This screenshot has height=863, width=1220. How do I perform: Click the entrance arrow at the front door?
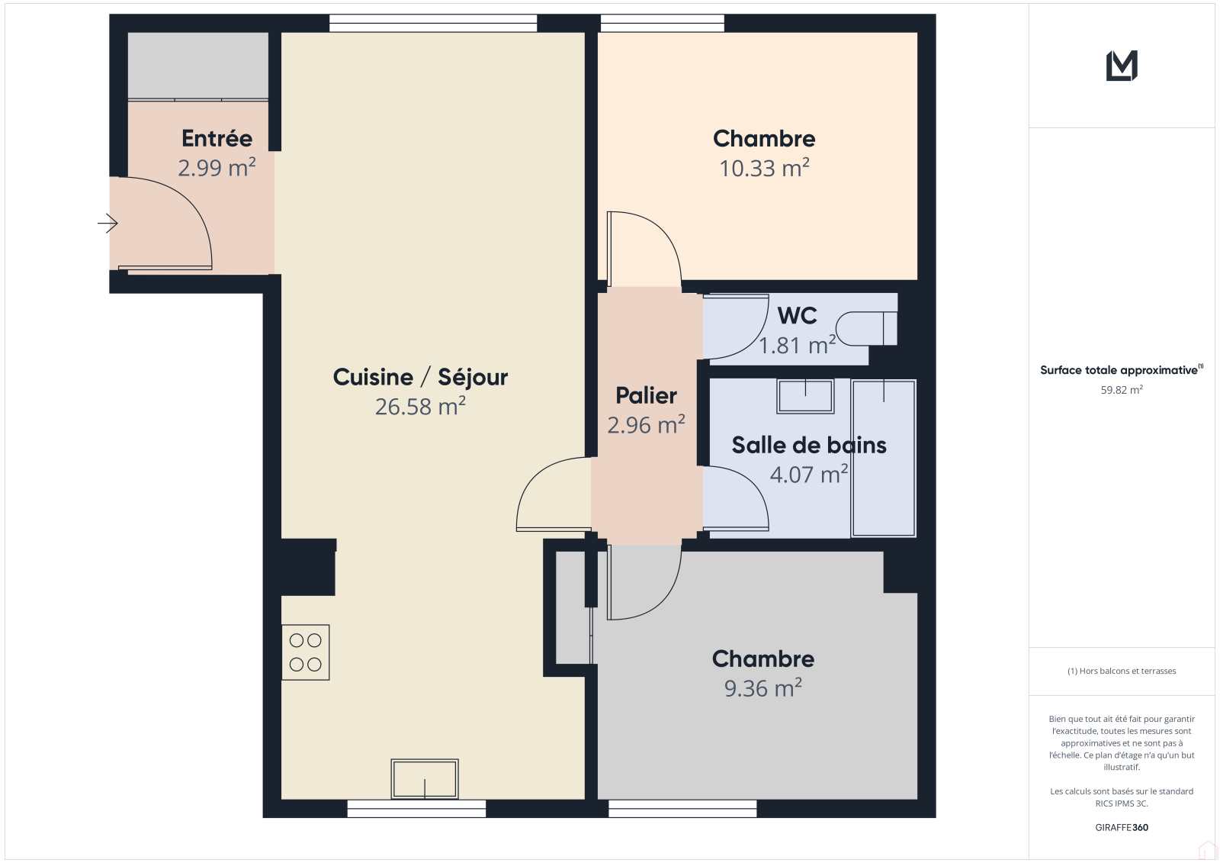(x=108, y=223)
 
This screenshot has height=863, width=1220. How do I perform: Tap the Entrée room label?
(x=217, y=138)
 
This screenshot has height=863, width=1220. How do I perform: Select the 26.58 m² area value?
(x=420, y=406)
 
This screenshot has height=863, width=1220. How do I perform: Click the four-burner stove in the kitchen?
(x=306, y=652)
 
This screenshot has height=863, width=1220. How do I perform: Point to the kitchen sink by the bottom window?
(x=425, y=779)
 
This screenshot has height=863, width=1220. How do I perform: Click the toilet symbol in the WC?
(x=866, y=328)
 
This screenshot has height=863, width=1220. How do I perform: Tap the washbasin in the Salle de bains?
(x=805, y=396)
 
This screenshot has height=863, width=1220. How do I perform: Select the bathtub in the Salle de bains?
(x=884, y=458)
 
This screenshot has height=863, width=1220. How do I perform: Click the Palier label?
(x=647, y=396)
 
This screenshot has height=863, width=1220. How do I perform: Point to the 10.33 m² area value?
(x=764, y=168)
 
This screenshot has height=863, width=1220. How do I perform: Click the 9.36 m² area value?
(x=763, y=688)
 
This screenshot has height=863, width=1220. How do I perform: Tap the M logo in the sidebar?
(x=1122, y=66)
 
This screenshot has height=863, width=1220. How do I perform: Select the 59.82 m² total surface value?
(x=1122, y=390)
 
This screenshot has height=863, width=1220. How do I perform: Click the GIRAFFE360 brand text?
(x=1122, y=827)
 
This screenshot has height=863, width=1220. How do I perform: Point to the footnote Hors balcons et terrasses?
(x=1122, y=671)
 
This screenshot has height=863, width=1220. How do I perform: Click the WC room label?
(x=798, y=316)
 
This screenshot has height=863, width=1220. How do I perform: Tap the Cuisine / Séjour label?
(x=420, y=377)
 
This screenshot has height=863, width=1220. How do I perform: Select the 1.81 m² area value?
(x=798, y=345)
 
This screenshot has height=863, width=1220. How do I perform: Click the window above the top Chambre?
(x=663, y=24)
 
